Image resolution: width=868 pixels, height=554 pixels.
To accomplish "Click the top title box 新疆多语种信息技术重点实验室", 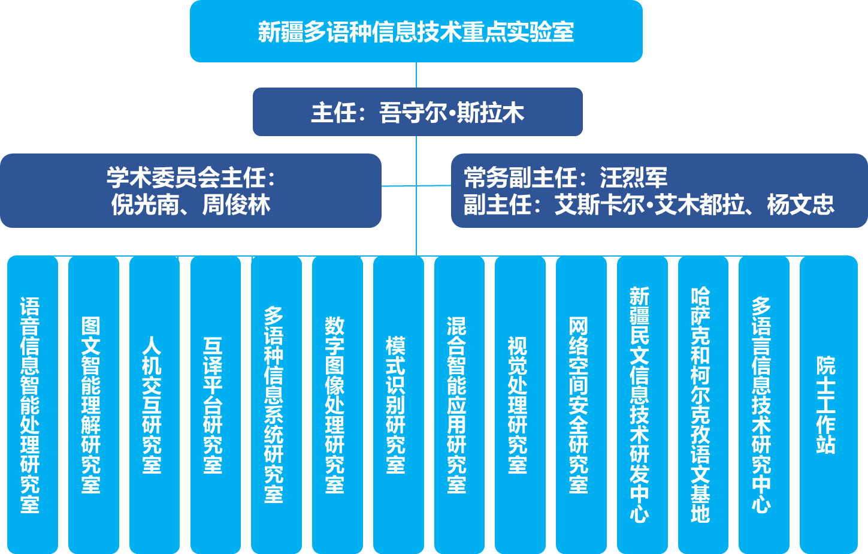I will (416, 31).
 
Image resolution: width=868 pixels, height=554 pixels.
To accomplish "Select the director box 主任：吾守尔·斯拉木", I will (418, 112).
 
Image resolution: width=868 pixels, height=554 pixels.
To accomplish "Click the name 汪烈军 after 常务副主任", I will (633, 177).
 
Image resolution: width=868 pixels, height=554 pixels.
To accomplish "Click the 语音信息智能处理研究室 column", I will (32, 405).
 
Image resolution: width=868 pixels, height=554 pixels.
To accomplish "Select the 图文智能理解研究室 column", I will (93, 405).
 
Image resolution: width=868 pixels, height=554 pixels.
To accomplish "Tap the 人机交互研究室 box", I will (154, 405).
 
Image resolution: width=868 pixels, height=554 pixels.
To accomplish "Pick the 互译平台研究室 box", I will (215, 405).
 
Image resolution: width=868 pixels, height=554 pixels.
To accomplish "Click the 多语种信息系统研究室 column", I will (276, 405).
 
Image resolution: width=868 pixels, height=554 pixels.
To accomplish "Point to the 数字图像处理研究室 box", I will (337, 405).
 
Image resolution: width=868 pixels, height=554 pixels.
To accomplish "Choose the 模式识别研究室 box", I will (398, 405).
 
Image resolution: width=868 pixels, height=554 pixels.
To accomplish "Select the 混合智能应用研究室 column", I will (459, 405).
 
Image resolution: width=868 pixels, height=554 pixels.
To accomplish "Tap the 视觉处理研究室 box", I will (520, 405).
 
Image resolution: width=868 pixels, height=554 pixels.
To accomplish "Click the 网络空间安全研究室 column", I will (581, 405).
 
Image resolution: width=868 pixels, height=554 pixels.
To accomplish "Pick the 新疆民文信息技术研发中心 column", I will (642, 405).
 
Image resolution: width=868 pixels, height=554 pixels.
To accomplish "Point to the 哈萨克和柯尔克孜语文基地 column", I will (703, 405).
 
